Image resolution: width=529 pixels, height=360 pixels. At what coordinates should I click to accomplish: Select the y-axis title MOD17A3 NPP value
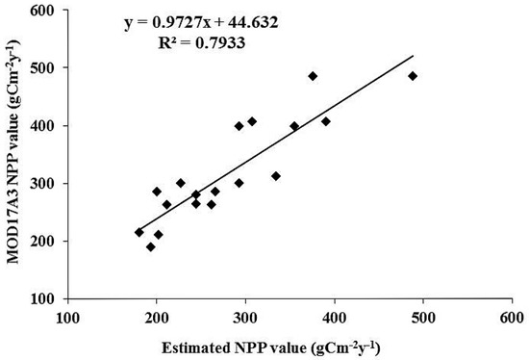point(14,159)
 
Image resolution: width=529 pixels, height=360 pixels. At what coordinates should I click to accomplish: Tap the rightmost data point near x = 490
point(413,76)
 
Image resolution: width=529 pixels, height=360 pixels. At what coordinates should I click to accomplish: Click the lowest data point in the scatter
point(151,246)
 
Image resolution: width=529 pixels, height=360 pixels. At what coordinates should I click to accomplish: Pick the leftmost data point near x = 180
point(139,232)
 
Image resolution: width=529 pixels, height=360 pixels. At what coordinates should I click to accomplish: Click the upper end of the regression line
point(413,55)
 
